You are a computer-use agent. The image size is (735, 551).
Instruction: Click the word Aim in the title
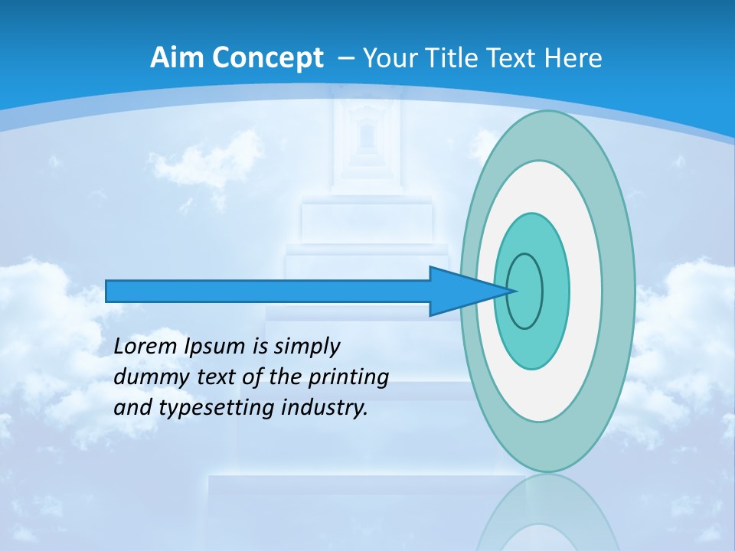(173, 58)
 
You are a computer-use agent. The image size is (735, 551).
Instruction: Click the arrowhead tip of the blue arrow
(516, 291)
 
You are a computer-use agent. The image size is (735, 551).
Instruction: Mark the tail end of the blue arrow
(108, 291)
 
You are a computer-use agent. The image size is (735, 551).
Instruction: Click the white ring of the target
(586, 291)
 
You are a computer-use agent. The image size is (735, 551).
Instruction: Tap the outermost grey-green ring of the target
(622, 291)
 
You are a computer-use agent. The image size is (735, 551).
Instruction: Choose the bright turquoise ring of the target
(557, 291)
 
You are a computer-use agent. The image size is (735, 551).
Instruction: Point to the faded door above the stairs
(366, 142)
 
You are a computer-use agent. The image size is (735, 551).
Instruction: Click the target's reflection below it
(547, 513)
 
